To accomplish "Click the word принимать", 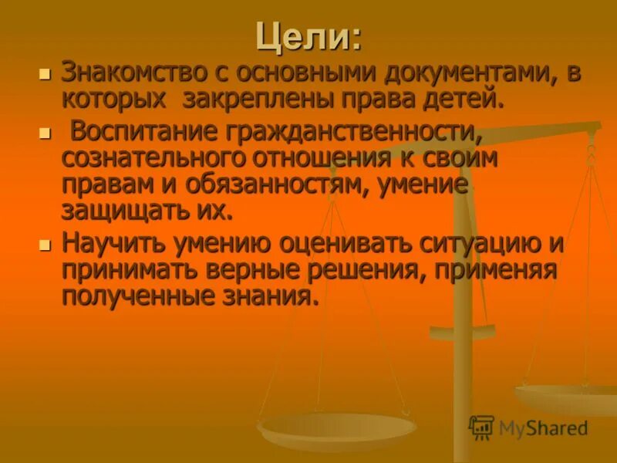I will (x=130, y=271).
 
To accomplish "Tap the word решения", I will (x=363, y=270).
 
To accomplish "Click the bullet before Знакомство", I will (x=45, y=76).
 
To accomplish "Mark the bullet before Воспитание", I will (x=45, y=133).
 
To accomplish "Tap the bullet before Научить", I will (x=45, y=246).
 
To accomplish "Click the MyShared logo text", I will (x=543, y=428).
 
